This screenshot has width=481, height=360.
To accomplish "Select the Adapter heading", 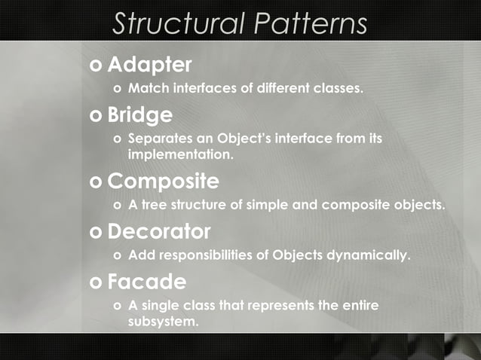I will click(149, 65).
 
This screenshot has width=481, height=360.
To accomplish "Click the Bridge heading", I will click(139, 114).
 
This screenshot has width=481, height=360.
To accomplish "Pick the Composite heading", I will click(163, 182).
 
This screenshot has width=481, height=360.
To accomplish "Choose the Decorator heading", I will click(158, 231).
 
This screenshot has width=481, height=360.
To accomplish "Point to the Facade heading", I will click(146, 282).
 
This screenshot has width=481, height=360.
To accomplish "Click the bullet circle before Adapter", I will click(96, 66).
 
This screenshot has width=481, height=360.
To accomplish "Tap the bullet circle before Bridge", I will click(96, 115).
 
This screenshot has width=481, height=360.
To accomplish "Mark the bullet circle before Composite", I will click(96, 182).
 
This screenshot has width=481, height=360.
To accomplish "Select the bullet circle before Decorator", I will click(96, 232).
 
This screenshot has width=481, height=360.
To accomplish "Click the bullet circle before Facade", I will click(96, 282).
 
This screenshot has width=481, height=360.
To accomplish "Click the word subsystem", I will click(163, 322).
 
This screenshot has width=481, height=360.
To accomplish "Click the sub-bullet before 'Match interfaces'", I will click(115, 89).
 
